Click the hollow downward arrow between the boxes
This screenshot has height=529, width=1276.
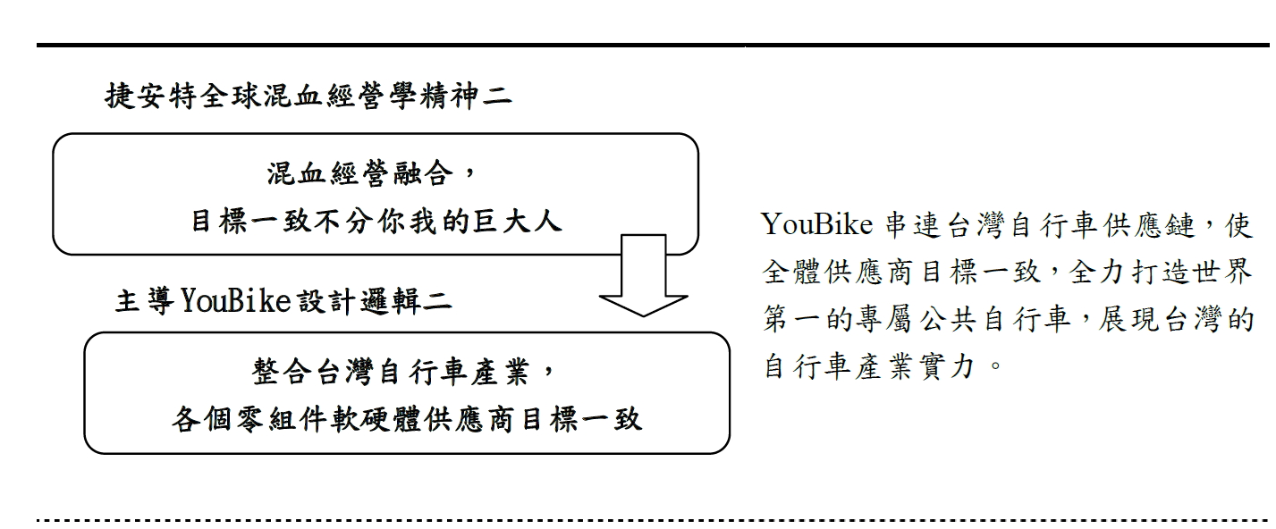click(x=643, y=276)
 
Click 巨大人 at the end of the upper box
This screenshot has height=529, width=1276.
click(x=517, y=222)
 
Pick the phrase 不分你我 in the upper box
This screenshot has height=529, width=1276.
click(x=376, y=222)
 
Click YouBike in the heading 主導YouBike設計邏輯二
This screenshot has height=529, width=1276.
click(x=236, y=300)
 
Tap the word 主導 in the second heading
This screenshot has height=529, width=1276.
click(x=145, y=301)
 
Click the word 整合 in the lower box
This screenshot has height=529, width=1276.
click(x=282, y=373)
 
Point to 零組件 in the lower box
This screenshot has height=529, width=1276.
click(x=266, y=420)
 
